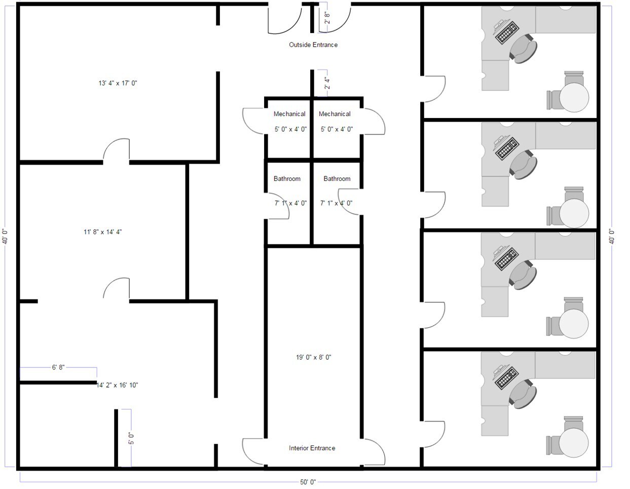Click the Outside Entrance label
click(313, 45)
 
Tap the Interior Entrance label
click(312, 448)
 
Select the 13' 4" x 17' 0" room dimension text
click(118, 83)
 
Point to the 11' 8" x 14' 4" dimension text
click(103, 232)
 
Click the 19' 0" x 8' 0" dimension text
click(314, 357)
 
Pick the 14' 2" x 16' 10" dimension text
click(118, 385)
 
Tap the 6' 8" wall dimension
click(58, 367)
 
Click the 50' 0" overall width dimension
click(308, 482)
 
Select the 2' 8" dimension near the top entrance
click(327, 18)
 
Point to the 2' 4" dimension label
click(327, 83)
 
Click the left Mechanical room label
click(289, 114)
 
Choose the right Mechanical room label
click(335, 114)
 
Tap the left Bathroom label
click(287, 179)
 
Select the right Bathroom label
click(337, 179)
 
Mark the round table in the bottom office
click(574, 442)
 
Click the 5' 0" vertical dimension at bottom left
click(131, 438)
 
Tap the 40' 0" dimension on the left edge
click(5, 237)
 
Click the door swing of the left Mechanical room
click(253, 122)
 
